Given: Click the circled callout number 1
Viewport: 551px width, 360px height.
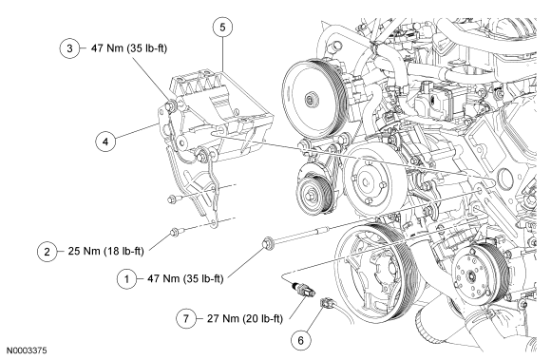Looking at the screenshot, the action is click(126, 279).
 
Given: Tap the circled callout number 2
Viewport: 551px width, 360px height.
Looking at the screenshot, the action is click(47, 252).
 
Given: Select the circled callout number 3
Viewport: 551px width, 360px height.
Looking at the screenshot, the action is click(69, 48).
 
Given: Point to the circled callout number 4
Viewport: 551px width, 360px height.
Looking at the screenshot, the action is click(105, 142).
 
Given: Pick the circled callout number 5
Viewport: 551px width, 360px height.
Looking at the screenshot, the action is click(223, 27).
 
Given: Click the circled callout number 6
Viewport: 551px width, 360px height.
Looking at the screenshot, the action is click(301, 340).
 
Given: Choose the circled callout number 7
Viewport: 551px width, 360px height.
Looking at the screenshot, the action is click(186, 318).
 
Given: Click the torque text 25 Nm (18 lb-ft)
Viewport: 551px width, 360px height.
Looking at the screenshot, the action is click(105, 251).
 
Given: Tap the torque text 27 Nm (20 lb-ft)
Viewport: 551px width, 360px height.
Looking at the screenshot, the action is click(245, 318).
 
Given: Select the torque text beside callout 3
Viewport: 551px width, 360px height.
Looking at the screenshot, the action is click(129, 47).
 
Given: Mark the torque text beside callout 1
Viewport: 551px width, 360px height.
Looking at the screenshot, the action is click(185, 278).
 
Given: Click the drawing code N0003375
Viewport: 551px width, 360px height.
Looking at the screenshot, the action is click(27, 351).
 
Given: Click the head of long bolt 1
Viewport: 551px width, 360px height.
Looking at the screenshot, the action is click(268, 243).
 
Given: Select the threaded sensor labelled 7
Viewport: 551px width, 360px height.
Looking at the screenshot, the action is click(304, 288).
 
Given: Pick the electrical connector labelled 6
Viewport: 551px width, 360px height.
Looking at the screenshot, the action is click(326, 302).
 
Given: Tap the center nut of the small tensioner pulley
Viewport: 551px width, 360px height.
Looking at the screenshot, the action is click(311, 194).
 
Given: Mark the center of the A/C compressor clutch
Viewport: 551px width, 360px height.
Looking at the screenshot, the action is click(471, 276).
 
